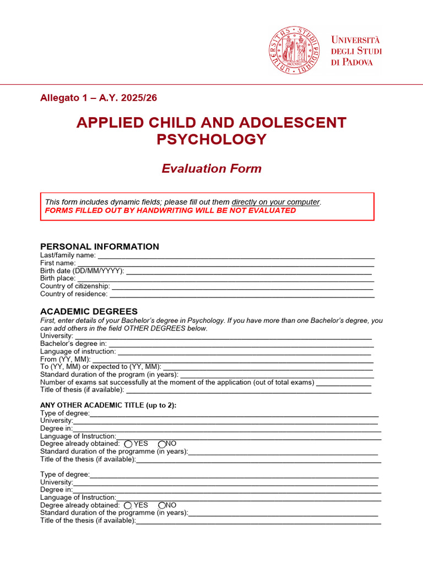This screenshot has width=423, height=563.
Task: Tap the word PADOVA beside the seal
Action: tap(357, 62)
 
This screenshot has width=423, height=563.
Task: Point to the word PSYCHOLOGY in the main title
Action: tap(211, 140)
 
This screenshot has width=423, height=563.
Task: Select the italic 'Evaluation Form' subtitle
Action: tap(211, 169)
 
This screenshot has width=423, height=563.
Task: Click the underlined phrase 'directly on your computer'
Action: tap(275, 202)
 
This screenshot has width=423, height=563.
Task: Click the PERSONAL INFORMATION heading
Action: tap(100, 247)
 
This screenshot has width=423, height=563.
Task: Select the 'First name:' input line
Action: tap(225, 264)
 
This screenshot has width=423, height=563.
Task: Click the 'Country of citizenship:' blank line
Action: tap(242, 287)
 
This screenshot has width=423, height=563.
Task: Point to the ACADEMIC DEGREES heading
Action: tap(89, 312)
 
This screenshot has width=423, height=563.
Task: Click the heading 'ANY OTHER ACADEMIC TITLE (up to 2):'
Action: tap(109, 406)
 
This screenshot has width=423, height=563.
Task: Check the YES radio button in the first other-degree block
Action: tap(128, 444)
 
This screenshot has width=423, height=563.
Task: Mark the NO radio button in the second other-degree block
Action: tap(162, 505)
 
